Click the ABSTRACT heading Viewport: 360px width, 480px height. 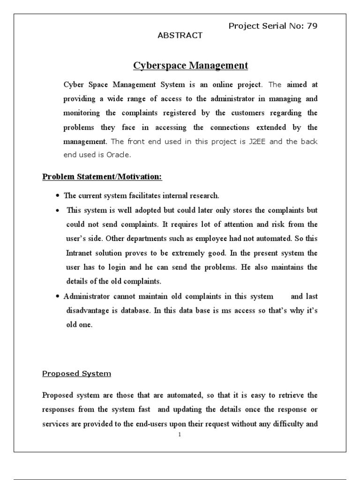(x=180, y=35)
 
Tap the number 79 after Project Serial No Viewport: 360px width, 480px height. (x=312, y=26)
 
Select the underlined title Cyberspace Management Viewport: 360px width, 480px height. (x=191, y=65)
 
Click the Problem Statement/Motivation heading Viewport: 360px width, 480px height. (x=102, y=177)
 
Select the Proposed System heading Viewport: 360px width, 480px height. (x=77, y=374)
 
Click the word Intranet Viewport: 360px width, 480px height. (x=80, y=253)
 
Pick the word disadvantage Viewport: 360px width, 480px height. (x=89, y=311)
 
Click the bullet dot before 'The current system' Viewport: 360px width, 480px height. (x=57, y=196)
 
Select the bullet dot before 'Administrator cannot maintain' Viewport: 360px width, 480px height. (x=57, y=297)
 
